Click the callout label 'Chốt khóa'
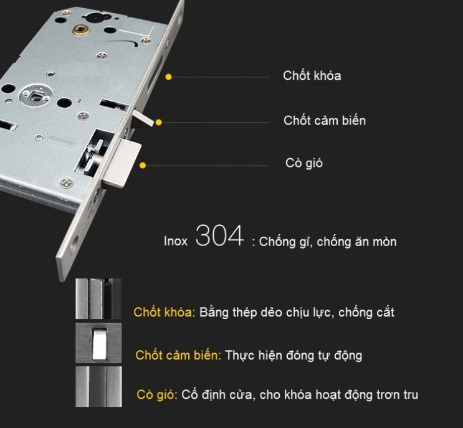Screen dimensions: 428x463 click(312, 76)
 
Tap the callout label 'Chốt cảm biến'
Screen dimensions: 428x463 click(324, 120)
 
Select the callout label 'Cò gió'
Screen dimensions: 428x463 click(304, 164)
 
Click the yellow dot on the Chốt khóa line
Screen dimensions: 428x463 click(168, 77)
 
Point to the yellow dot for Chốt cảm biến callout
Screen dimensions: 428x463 click(159, 122)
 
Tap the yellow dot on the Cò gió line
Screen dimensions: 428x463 click(143, 166)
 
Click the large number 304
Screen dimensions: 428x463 click(219, 237)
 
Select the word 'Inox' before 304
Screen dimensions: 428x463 click(176, 241)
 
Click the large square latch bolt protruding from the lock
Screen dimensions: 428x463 click(125, 163)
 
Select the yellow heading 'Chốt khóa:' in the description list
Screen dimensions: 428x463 click(165, 312)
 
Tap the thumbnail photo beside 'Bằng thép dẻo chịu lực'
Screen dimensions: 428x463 click(98, 299)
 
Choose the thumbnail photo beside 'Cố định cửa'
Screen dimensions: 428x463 click(98, 386)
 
